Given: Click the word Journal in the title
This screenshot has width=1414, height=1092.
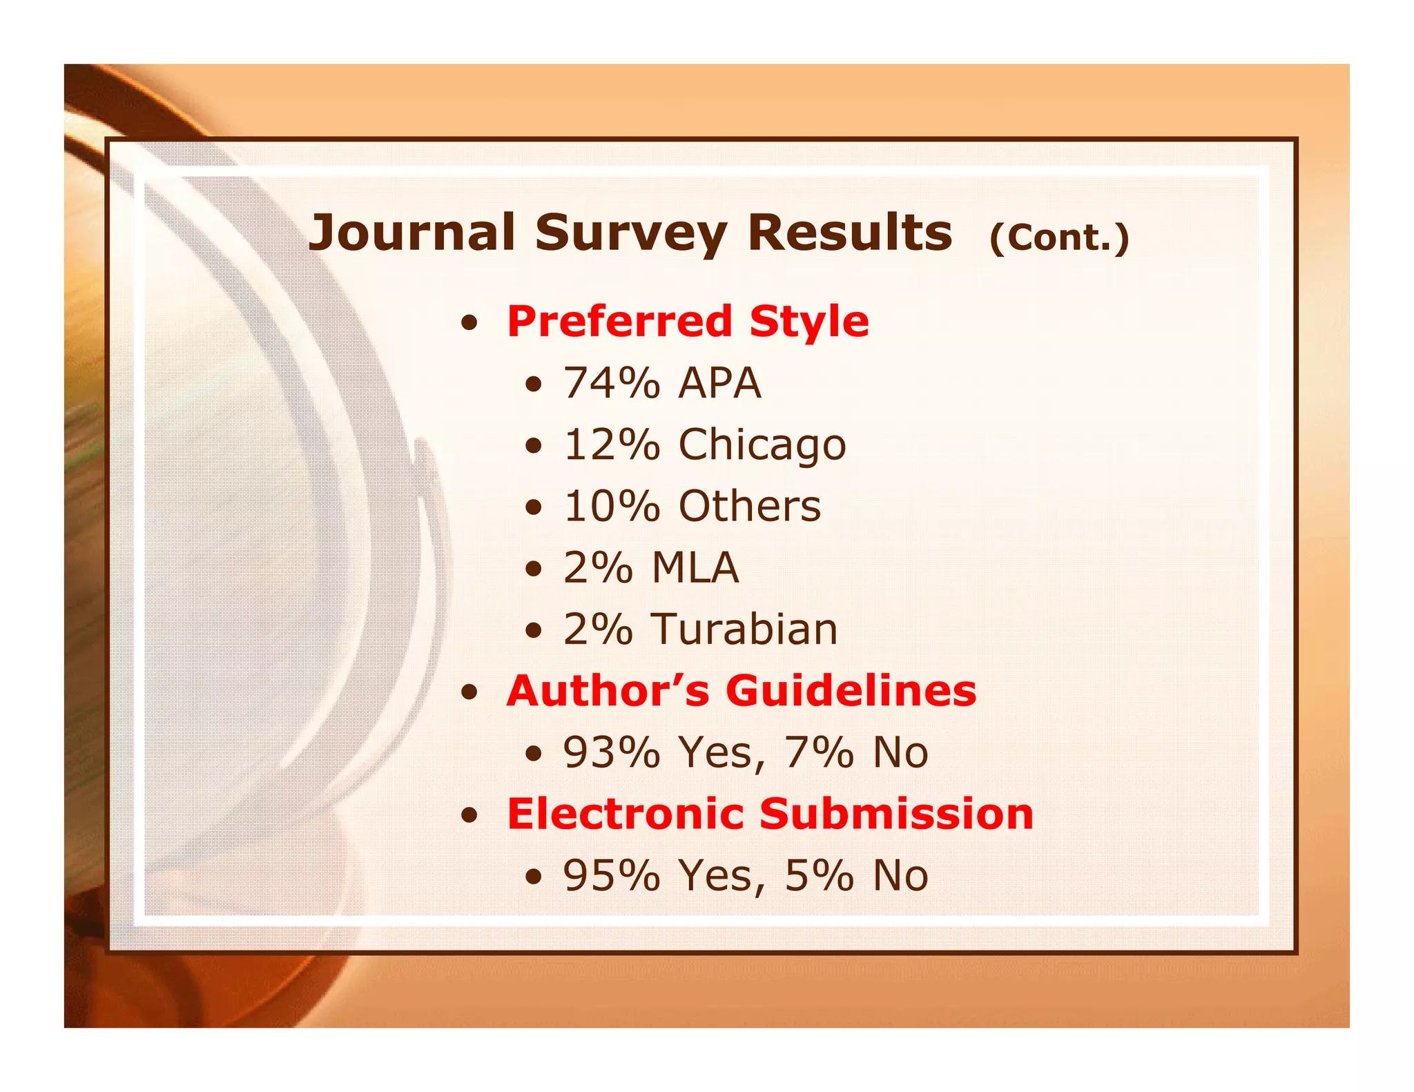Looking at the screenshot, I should point(411,233).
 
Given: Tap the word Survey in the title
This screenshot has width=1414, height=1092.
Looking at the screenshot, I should point(630,234).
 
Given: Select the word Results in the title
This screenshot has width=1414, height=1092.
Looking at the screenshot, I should point(850,233).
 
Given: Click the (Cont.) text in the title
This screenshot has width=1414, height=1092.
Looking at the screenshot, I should point(1059,238).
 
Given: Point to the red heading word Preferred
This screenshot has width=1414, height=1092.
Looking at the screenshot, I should point(619,322).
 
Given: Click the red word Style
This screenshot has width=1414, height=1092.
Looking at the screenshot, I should point(809,323).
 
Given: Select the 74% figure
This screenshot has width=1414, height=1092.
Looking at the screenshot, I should point(612,383).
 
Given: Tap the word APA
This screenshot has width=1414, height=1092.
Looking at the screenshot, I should point(719,383).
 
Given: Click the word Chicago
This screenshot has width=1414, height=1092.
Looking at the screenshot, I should point(762,445).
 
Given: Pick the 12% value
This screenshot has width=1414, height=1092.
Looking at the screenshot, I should point(612,445).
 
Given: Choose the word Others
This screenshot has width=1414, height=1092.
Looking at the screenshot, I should point(750,507).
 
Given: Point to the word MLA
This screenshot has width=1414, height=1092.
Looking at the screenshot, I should point(695,568).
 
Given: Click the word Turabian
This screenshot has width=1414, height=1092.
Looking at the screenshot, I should point(745,630).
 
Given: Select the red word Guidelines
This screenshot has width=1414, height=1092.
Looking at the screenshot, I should point(851,691).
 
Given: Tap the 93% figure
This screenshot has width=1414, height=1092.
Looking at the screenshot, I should point(612,752).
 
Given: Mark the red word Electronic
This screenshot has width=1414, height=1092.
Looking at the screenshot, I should point(625,814).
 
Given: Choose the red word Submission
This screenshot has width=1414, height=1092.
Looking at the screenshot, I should point(896,814).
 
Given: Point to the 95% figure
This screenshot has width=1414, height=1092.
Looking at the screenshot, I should point(612,875).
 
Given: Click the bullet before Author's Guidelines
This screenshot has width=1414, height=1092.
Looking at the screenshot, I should point(469,693).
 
